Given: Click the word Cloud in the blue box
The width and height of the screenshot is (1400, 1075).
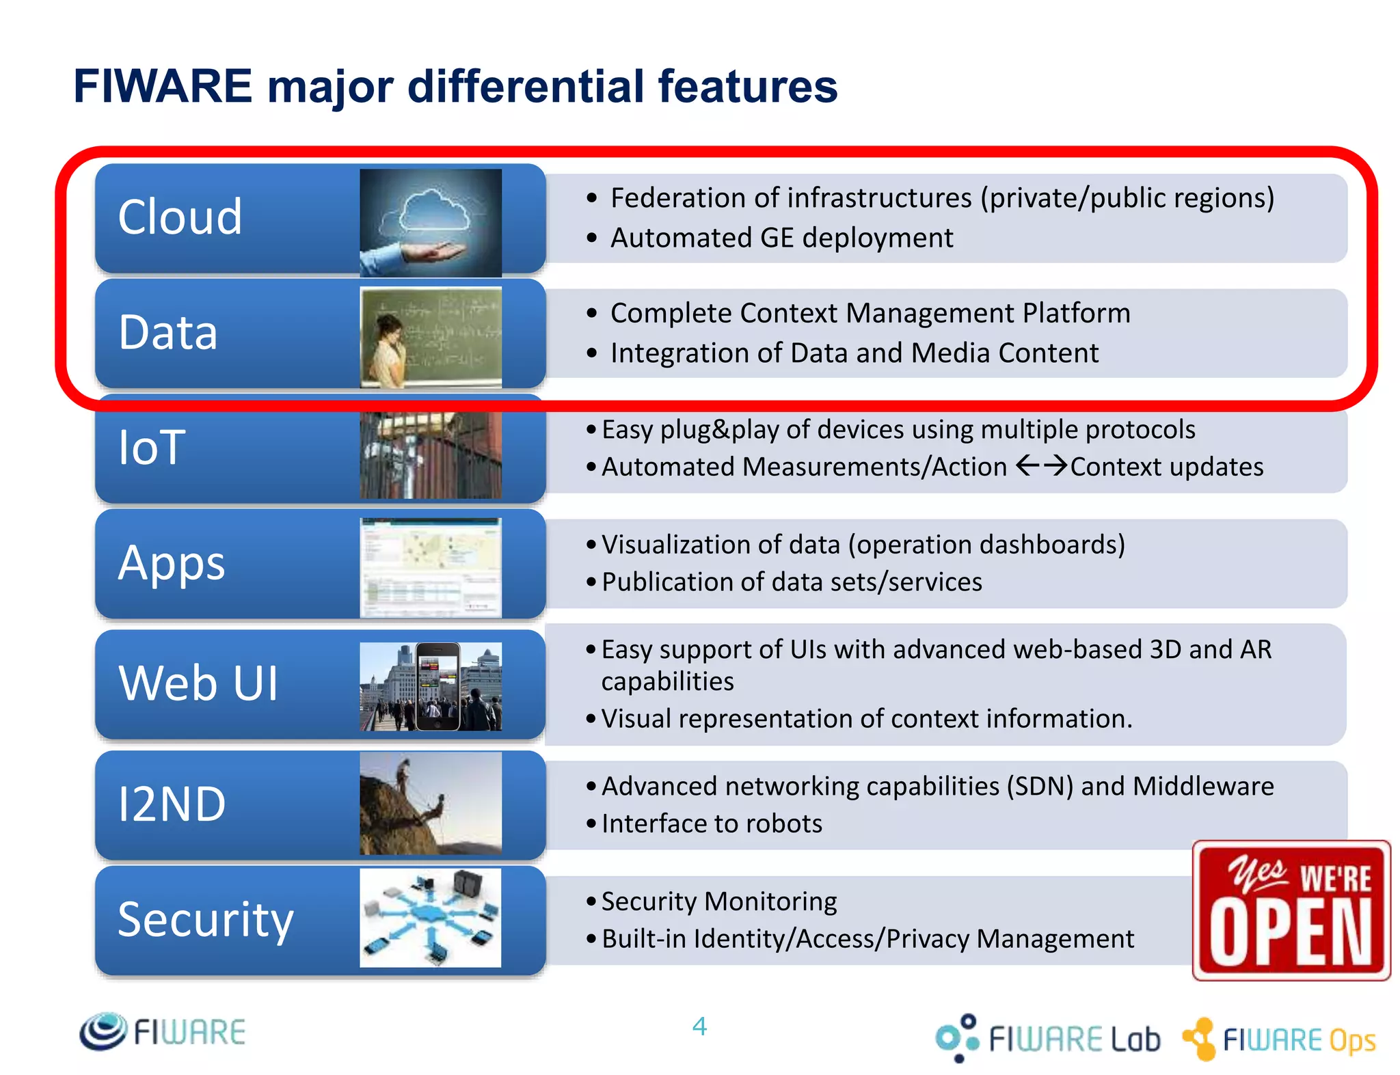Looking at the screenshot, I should (180, 217).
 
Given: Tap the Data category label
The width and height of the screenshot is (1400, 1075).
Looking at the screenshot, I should (168, 332).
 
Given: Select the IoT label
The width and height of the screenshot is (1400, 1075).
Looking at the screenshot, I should (152, 448).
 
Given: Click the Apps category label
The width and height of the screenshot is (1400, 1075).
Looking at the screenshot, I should (172, 563).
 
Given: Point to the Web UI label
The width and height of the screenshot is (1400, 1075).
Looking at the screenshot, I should (198, 683).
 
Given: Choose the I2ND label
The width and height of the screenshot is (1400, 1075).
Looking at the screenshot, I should (172, 804).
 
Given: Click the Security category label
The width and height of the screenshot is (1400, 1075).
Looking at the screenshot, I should (205, 919).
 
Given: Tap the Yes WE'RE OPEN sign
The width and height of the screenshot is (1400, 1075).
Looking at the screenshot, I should (1291, 910).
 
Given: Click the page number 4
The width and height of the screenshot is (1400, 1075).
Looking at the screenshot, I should (699, 1026).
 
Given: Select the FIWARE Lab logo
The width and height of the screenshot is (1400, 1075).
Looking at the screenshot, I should (1048, 1038).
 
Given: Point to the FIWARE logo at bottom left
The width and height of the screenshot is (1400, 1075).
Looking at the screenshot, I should (163, 1031).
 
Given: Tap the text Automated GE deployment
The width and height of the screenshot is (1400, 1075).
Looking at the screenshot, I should (781, 238).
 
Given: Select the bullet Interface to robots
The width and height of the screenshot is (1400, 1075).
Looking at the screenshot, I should (712, 824).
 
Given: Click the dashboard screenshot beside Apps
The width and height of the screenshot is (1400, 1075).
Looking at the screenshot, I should (431, 567).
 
